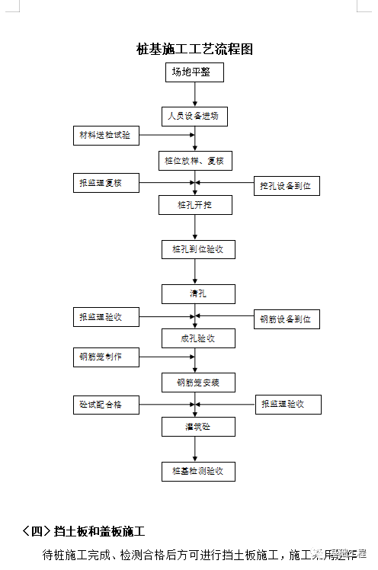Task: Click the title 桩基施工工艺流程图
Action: point(194,50)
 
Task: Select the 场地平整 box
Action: point(194,72)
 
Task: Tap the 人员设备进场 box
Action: point(194,117)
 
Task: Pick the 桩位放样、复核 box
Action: point(194,161)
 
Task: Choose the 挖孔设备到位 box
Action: point(287,185)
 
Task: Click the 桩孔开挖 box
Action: point(194,205)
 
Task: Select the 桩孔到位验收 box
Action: point(197,249)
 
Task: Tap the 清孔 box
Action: point(197,293)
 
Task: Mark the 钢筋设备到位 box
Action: point(287,319)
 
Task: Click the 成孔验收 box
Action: point(197,338)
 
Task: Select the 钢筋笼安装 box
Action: point(197,383)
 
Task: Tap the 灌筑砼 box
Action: point(197,427)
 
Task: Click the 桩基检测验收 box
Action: point(197,472)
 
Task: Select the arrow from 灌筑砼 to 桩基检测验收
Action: point(196,450)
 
